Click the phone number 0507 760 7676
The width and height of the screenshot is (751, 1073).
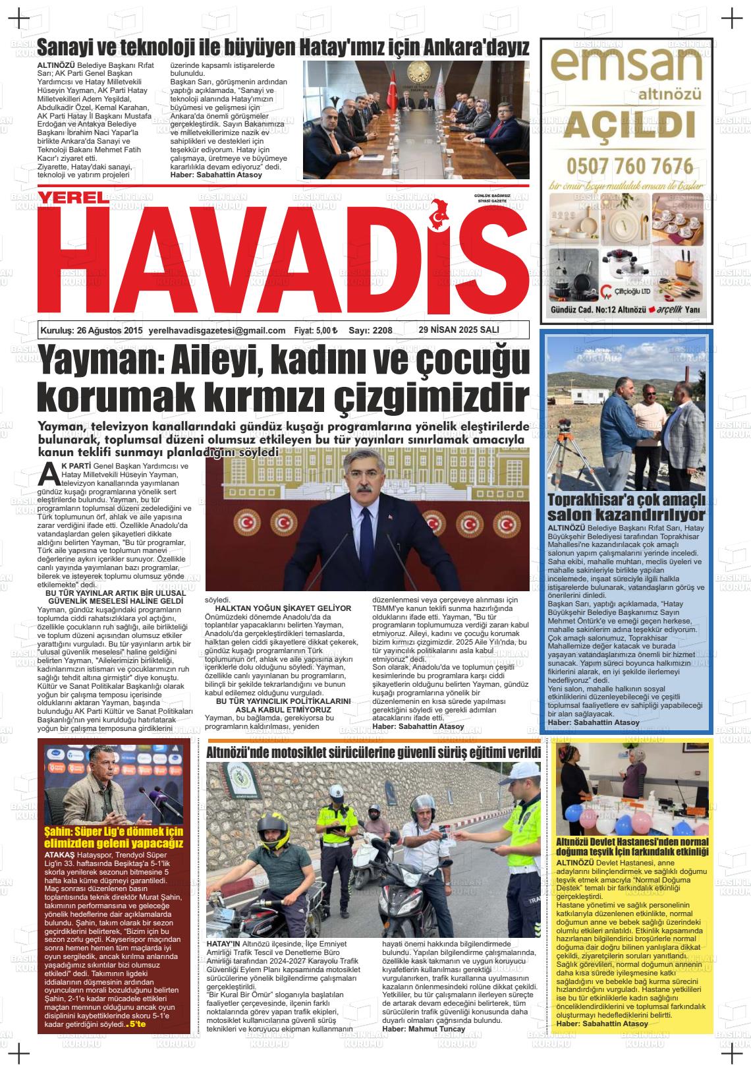629,164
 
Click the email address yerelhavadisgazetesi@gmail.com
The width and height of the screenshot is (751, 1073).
217,331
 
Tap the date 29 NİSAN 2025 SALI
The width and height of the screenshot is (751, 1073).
459,330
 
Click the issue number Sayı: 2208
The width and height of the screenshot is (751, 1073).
370,331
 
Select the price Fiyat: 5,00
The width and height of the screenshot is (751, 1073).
316,331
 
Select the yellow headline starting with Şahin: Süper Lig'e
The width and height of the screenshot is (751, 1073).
113,837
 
